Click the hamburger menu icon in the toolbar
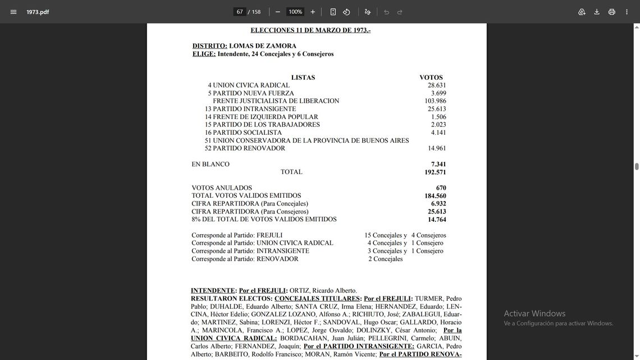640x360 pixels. [13, 12]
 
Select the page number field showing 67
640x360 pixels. [240, 12]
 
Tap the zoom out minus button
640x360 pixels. [277, 12]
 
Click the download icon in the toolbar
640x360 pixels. [597, 12]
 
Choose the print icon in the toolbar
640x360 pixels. [612, 12]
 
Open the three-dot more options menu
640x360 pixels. [627, 12]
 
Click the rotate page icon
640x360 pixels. [346, 12]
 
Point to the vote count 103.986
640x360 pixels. [435, 101]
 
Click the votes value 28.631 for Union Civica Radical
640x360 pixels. [437, 85]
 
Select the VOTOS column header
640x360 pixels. [431, 78]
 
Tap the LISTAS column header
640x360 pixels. [303, 78]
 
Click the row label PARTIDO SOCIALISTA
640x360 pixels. [247, 133]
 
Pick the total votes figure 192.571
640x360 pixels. [435, 172]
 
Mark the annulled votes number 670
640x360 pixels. [441, 188]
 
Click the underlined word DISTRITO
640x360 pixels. [209, 46]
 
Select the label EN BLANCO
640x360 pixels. [211, 165]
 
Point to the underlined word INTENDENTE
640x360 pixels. [213, 290]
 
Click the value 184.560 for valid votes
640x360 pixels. [435, 196]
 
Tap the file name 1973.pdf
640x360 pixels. [38, 12]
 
